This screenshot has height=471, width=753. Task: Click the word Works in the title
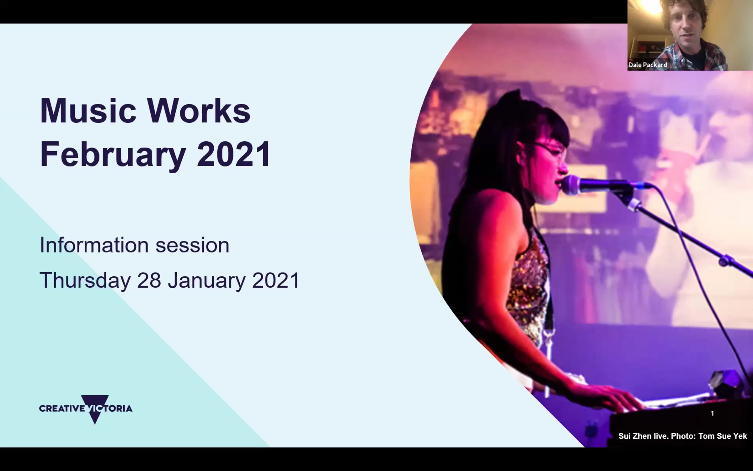tap(199, 111)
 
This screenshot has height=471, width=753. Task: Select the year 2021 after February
tap(233, 154)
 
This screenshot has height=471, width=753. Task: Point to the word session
tap(193, 246)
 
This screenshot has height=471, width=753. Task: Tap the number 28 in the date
tap(149, 280)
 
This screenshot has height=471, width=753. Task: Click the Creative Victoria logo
tap(86, 409)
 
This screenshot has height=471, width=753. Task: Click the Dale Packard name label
tap(648, 65)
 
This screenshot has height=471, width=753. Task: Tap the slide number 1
tap(712, 413)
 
